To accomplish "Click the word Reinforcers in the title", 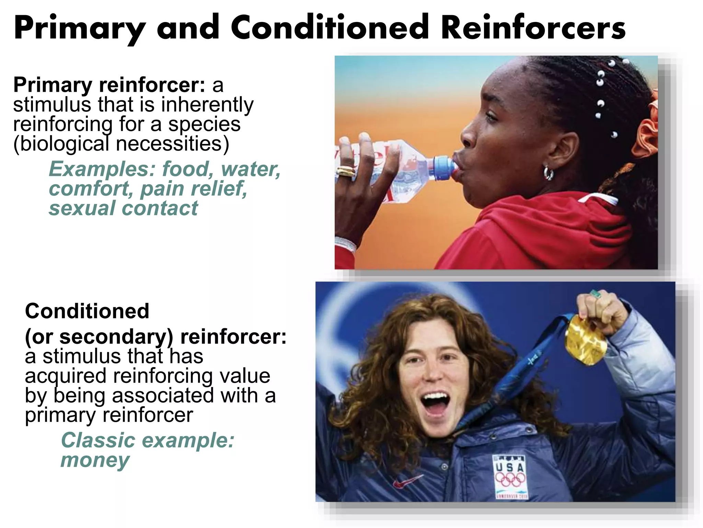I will coord(533,27).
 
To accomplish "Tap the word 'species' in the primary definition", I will coord(204,124).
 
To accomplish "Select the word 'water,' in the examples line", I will coord(251,169).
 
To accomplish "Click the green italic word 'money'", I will coord(95,460).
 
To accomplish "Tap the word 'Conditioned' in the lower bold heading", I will coord(87,311).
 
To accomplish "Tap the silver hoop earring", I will coord(548,173).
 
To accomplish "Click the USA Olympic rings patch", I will coord(510,476).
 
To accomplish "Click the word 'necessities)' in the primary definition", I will coord(172,144).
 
